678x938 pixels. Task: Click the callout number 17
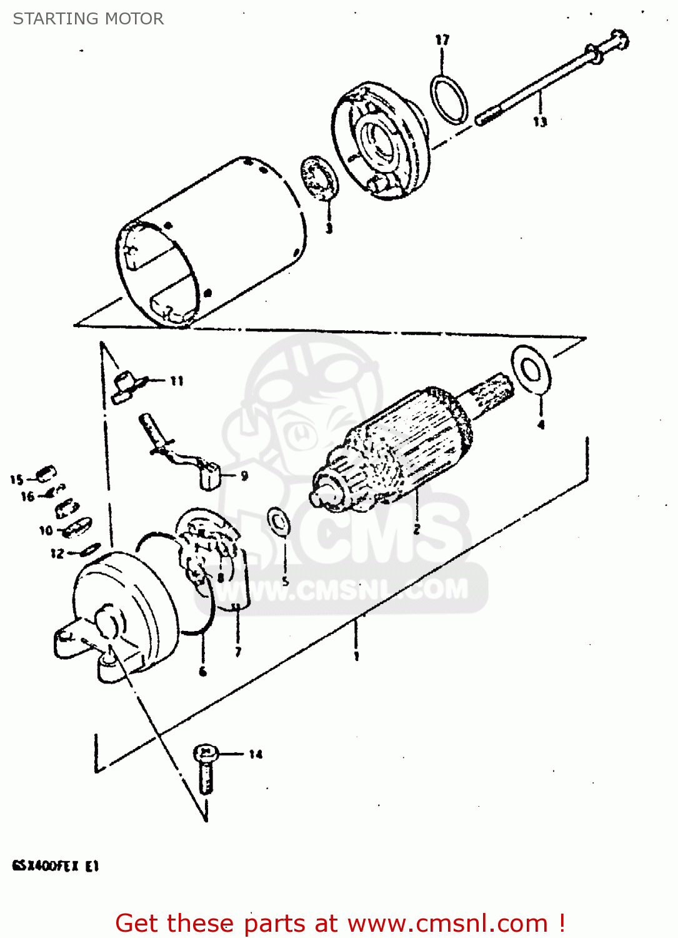[442, 40]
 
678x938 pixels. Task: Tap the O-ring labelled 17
[449, 99]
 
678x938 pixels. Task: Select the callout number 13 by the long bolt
[540, 122]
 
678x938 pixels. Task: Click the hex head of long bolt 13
[618, 40]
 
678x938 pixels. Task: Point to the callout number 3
[329, 228]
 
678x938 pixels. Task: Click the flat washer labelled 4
[531, 370]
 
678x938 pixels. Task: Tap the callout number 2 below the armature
[416, 530]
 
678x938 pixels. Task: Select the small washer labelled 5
[279, 522]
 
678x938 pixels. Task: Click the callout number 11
[177, 380]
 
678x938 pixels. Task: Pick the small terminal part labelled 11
[125, 385]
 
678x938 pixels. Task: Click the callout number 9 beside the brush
[244, 476]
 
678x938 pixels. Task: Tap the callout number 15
[16, 480]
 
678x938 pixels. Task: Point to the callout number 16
[27, 497]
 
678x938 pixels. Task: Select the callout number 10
[46, 530]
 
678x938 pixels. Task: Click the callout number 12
[57, 553]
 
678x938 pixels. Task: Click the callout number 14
[256, 754]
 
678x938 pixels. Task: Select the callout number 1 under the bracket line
[356, 656]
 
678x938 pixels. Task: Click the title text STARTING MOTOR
[88, 19]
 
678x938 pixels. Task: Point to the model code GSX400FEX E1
[55, 866]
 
